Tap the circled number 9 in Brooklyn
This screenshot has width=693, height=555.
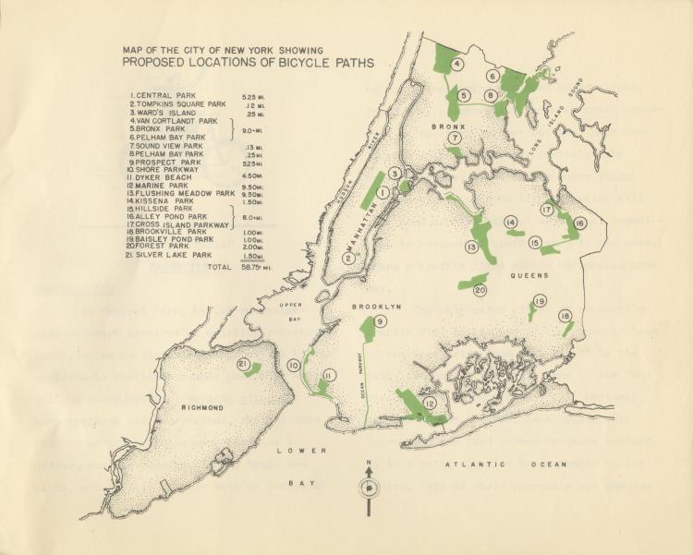380,321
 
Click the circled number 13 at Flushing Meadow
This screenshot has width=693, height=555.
471,247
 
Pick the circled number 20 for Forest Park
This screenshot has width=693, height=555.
480,289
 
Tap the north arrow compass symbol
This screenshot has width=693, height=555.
369,488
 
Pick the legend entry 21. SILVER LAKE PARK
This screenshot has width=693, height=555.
172,254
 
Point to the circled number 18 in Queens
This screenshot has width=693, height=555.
565,318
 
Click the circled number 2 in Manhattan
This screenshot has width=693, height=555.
348,259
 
